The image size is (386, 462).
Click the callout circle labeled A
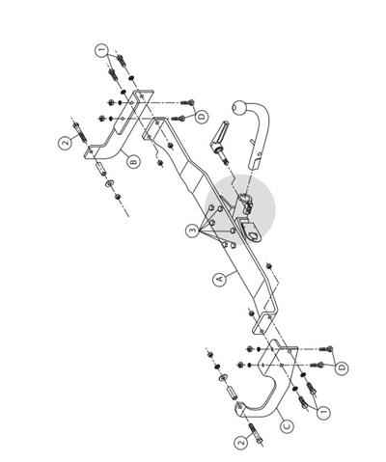[220, 280]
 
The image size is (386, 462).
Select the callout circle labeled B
[133, 161]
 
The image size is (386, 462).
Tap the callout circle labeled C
[287, 426]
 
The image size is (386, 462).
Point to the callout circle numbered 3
[192, 231]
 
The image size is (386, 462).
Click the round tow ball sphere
[239, 107]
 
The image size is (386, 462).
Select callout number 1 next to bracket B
[101, 50]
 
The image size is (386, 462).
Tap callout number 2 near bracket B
[66, 143]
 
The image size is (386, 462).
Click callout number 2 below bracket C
[241, 444]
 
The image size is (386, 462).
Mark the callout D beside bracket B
[202, 118]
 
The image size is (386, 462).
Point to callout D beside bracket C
[342, 367]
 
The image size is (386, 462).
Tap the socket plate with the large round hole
[251, 230]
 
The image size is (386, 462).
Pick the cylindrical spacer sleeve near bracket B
[100, 169]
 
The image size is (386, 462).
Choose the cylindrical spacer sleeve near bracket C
[232, 394]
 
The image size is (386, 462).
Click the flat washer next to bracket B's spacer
[110, 183]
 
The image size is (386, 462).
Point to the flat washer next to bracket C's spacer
[222, 378]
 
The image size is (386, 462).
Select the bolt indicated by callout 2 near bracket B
[80, 131]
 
